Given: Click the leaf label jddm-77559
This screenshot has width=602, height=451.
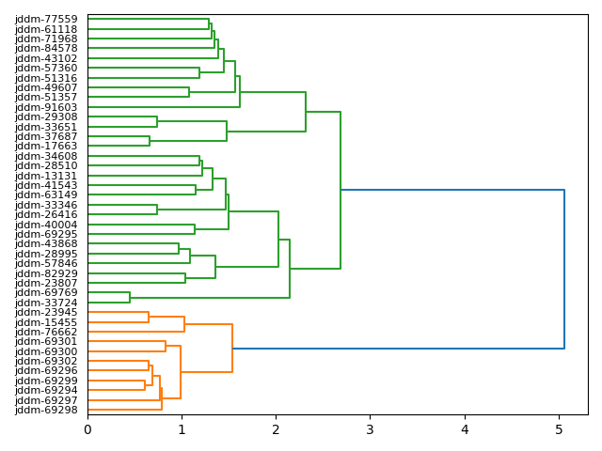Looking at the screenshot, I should (46, 19).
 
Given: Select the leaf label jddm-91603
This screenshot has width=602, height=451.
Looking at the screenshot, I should (46, 107).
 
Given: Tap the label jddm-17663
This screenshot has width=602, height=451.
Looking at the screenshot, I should (46, 147).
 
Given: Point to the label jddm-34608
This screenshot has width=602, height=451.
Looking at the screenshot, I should (46, 156).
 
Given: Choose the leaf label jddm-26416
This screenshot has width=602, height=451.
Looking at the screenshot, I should (46, 214).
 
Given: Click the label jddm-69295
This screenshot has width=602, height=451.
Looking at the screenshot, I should (46, 234).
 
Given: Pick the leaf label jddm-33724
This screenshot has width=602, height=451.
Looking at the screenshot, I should (46, 303).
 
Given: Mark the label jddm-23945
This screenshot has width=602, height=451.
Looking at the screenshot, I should (46, 312).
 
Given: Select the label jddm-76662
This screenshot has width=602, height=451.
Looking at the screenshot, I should (46, 332).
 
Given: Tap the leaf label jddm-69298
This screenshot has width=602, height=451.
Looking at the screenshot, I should (46, 410).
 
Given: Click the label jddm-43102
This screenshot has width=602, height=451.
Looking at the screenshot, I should (46, 58).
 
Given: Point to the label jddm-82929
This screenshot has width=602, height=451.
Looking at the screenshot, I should (46, 273).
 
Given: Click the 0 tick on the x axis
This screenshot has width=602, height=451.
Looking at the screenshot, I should (87, 429).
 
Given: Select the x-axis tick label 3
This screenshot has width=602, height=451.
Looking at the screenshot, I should (370, 429).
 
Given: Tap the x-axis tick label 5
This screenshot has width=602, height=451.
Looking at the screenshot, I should (559, 429).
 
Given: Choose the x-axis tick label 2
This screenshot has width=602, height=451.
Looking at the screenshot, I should (276, 429).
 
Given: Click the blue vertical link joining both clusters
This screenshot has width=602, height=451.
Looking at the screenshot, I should (564, 269).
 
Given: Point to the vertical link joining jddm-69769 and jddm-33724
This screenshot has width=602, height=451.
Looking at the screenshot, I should (130, 298).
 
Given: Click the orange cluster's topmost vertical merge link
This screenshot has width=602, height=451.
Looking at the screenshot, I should (232, 349).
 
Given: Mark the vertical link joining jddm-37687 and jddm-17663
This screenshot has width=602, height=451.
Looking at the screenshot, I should (150, 141).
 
